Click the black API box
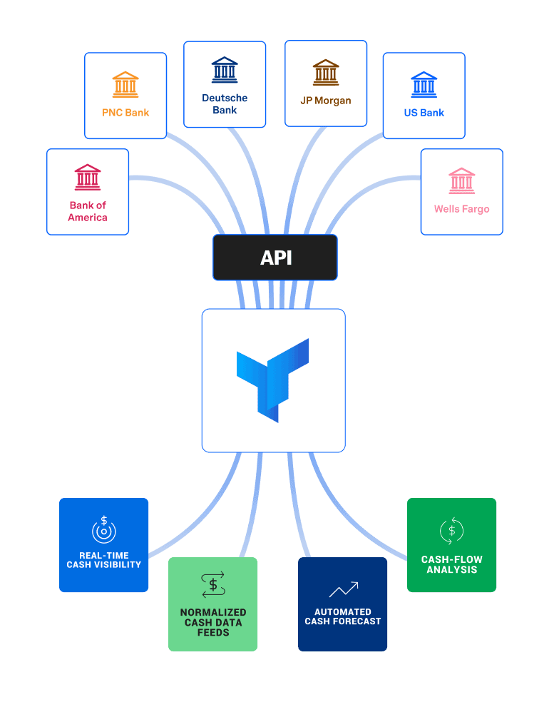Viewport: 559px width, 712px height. (275, 258)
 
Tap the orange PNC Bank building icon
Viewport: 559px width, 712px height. (125, 84)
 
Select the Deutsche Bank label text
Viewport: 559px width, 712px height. (225, 104)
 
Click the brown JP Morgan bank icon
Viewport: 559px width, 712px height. (326, 73)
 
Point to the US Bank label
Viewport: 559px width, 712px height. (424, 113)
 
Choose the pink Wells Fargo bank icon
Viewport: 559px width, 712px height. (461, 180)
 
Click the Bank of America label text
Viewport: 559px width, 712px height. (88, 211)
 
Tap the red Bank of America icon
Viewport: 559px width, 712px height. (88, 177)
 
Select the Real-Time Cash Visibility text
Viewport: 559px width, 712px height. (104, 560)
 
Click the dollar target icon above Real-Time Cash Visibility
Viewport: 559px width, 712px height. (104, 530)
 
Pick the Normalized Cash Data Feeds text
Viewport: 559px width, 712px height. (213, 622)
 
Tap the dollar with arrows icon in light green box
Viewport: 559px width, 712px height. (213, 584)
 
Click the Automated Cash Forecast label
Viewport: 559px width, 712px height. (343, 616)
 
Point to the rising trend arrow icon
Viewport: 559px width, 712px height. (343, 589)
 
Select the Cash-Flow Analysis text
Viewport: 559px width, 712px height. (451, 564)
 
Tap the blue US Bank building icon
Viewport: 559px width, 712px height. (424, 84)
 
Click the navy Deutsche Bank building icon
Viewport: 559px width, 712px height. (225, 70)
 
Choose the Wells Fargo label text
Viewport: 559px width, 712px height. (461, 209)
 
